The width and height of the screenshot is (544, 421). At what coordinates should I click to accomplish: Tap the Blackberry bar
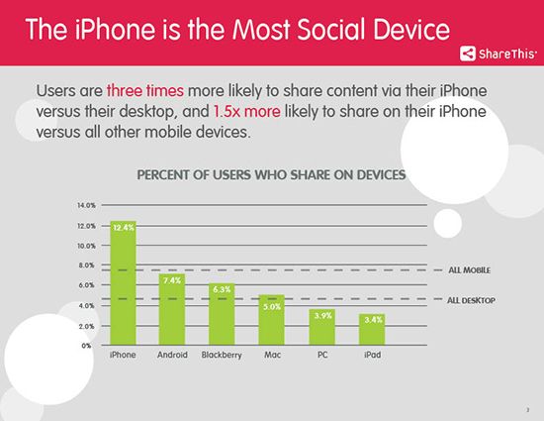(x=223, y=315)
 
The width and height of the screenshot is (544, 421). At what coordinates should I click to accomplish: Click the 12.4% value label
(x=123, y=228)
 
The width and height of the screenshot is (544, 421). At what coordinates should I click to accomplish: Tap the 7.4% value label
(x=173, y=280)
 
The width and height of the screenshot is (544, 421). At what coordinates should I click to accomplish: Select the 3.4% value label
(x=372, y=319)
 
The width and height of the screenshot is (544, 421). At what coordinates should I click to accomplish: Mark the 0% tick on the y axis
(x=89, y=346)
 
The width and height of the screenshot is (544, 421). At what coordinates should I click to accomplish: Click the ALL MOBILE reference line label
(x=470, y=269)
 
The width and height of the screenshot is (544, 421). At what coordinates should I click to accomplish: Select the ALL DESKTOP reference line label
(x=472, y=299)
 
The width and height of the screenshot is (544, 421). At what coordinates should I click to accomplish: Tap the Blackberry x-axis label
(x=223, y=355)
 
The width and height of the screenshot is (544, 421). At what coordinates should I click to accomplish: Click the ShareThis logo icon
(x=466, y=53)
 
